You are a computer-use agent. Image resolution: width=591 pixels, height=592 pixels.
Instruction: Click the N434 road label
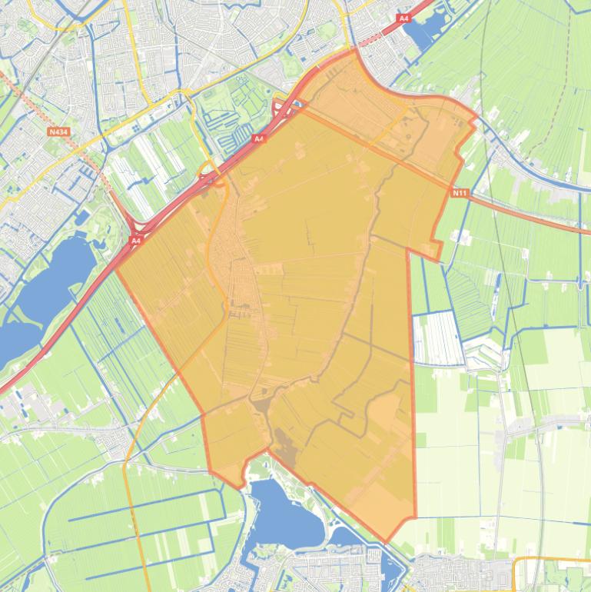58,131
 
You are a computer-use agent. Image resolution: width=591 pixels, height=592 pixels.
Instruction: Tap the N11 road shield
459,192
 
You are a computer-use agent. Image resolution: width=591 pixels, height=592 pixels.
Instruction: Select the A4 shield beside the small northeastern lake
404,18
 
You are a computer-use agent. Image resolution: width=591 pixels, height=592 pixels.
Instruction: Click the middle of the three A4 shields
258,138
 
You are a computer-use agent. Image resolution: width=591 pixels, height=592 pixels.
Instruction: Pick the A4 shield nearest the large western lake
135,241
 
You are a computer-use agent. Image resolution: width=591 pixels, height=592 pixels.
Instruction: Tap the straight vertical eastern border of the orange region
412,384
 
